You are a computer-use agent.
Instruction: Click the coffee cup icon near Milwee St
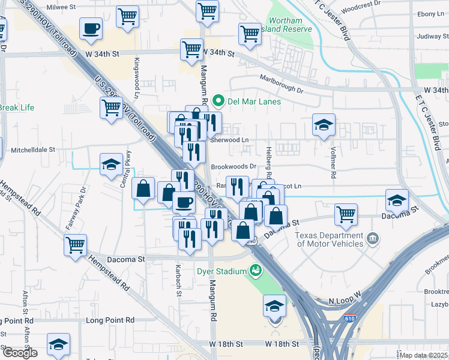coord(91,29)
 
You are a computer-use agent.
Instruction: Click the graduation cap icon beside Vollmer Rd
coord(324,125)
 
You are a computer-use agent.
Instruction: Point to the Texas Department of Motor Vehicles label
coord(330,239)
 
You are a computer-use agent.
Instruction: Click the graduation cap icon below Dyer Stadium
coord(274,306)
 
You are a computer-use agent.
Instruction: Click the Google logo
coord(19,352)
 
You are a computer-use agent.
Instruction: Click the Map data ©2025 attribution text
coord(423,355)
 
